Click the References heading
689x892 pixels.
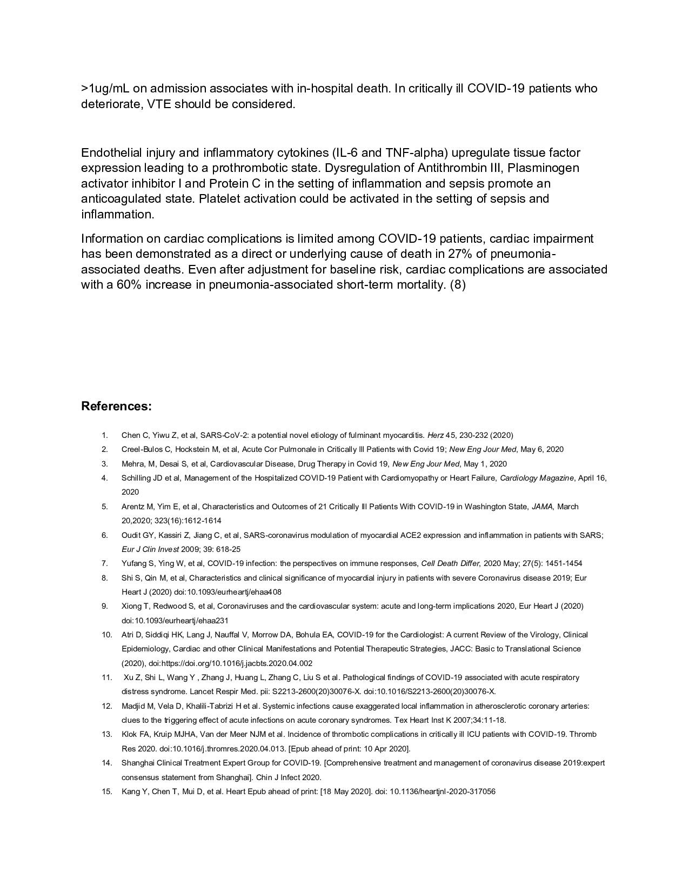point(116,406)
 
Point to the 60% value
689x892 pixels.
point(129,284)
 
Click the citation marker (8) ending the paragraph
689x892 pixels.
point(457,284)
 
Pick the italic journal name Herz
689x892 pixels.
point(435,435)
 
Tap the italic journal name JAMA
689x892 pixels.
point(542,507)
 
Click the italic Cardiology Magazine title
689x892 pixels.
point(537,478)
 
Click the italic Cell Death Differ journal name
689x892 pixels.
point(450,563)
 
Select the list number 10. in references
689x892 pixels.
point(106,635)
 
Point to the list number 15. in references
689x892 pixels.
point(106,791)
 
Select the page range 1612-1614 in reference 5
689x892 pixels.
point(197,521)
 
